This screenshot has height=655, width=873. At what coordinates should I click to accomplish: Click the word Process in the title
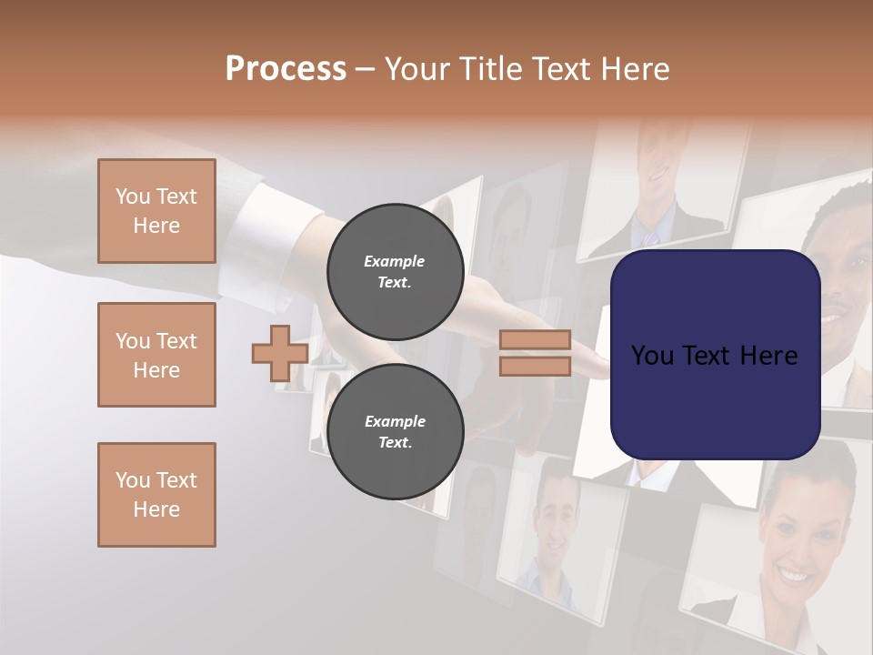pyautogui.click(x=286, y=69)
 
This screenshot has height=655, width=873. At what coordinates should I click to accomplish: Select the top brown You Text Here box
pyautogui.click(x=156, y=211)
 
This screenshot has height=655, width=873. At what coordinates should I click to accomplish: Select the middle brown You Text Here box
pyautogui.click(x=156, y=355)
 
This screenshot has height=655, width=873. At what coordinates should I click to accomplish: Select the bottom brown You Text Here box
pyautogui.click(x=156, y=495)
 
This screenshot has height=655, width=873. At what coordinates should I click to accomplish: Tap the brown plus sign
pyautogui.click(x=280, y=354)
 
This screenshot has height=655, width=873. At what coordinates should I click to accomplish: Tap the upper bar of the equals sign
pyautogui.click(x=535, y=340)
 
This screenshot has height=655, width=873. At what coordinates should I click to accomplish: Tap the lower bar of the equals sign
pyautogui.click(x=535, y=367)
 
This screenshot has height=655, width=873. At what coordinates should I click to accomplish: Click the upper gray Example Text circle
pyautogui.click(x=396, y=271)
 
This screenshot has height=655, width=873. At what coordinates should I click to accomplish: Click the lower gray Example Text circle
pyautogui.click(x=396, y=431)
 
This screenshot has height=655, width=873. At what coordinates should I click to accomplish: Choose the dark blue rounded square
pyautogui.click(x=715, y=355)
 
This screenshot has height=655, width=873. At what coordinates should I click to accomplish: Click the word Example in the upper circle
pyautogui.click(x=395, y=261)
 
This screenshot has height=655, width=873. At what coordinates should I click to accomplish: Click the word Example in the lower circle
pyautogui.click(x=395, y=421)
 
